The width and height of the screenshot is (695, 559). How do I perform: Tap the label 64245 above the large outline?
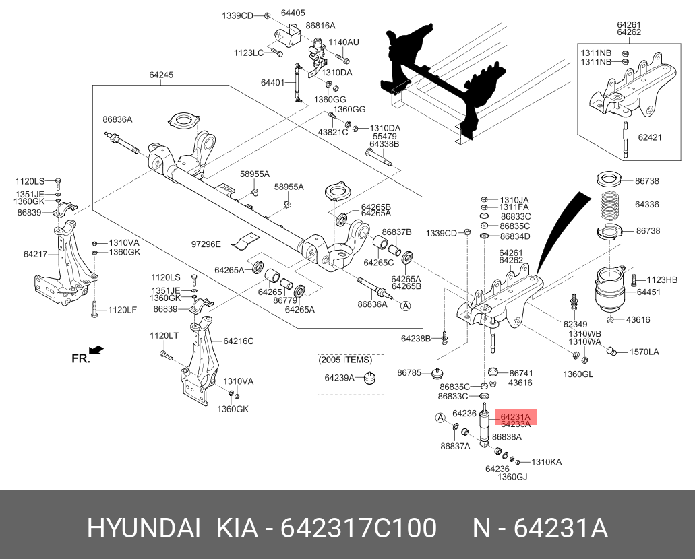(x=160, y=75)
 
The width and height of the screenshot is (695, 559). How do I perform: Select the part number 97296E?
(x=206, y=244)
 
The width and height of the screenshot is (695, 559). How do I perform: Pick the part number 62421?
(x=651, y=137)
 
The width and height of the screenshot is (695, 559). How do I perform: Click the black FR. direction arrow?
(x=96, y=350)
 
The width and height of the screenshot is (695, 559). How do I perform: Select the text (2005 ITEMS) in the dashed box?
(x=345, y=360)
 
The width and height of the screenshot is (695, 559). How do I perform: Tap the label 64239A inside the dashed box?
(x=339, y=377)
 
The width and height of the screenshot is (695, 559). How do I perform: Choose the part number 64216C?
(x=239, y=341)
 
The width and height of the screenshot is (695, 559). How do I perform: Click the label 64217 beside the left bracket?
(x=35, y=254)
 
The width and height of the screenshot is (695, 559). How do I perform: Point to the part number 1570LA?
(x=644, y=352)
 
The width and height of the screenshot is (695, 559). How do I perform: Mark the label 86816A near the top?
(x=320, y=25)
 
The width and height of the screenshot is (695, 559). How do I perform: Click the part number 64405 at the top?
(x=293, y=13)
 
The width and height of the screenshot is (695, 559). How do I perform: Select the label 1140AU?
(x=344, y=42)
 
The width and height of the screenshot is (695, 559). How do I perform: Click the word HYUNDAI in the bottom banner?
(x=144, y=529)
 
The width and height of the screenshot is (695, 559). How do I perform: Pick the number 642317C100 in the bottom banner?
(x=358, y=529)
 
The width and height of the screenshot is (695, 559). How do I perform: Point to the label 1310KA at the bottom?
(x=546, y=462)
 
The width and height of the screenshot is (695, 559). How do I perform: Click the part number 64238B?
(x=415, y=338)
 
